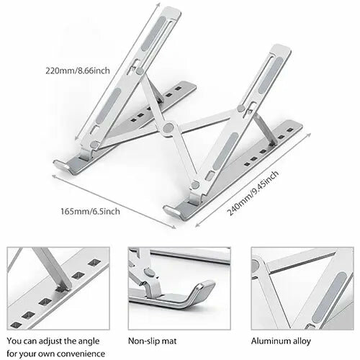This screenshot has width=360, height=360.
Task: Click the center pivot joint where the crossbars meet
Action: click(x=168, y=130)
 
